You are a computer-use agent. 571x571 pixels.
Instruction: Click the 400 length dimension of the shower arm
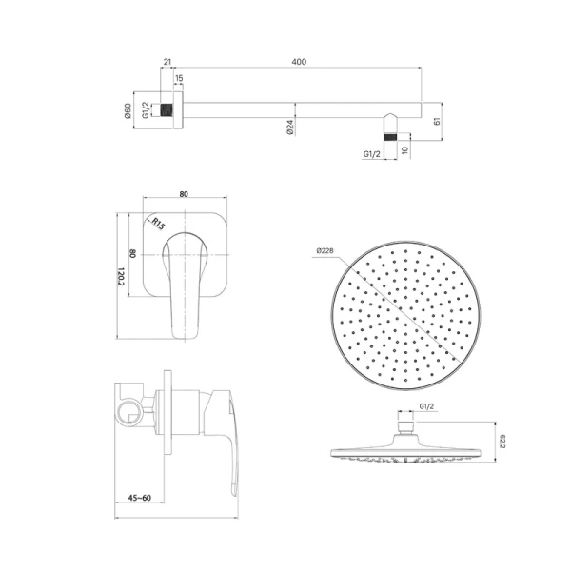click(x=300, y=62)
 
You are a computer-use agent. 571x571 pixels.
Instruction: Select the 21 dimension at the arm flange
click(x=167, y=62)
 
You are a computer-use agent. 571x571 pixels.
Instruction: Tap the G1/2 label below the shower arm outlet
click(x=372, y=152)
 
